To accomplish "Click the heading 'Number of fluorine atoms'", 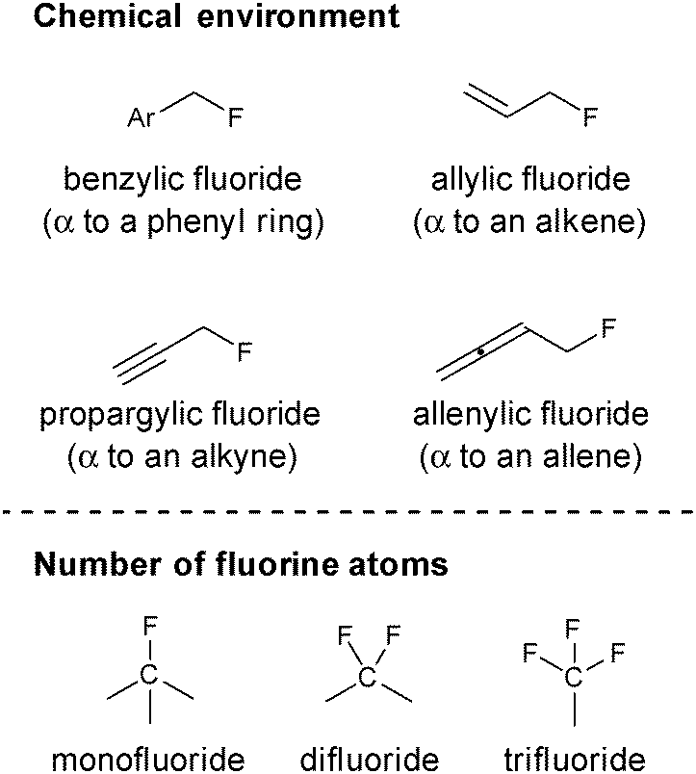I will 241,563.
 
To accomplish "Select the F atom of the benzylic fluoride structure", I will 235,119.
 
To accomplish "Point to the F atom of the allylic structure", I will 590,119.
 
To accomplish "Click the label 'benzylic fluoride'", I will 182,179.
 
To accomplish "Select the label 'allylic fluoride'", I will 530,179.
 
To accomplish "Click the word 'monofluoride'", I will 147,759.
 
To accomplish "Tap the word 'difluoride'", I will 369,759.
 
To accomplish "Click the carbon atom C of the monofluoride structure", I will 149,675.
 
